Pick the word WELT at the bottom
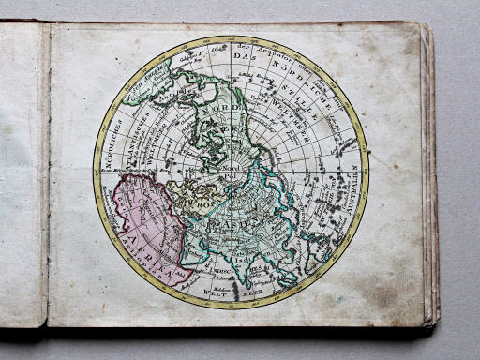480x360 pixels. point(217,292)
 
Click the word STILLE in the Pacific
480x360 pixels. point(319,103)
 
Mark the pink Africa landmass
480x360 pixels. point(141,225)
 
